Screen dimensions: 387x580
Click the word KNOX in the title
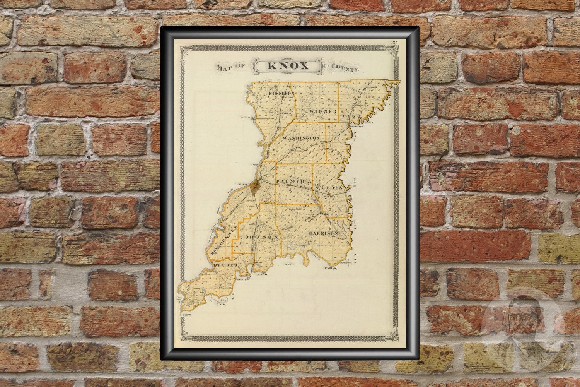[x=287, y=66]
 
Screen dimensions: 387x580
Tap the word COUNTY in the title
[x=345, y=67]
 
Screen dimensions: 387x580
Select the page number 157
[x=394, y=42]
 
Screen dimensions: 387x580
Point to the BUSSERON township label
[x=281, y=94]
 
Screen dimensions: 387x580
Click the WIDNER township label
[x=321, y=111]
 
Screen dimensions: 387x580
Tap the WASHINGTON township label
[x=301, y=138]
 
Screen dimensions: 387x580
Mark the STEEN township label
[x=329, y=187]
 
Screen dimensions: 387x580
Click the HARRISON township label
[x=323, y=233]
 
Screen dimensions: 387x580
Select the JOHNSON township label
[x=259, y=236]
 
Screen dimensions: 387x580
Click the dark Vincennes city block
[x=254, y=188]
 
